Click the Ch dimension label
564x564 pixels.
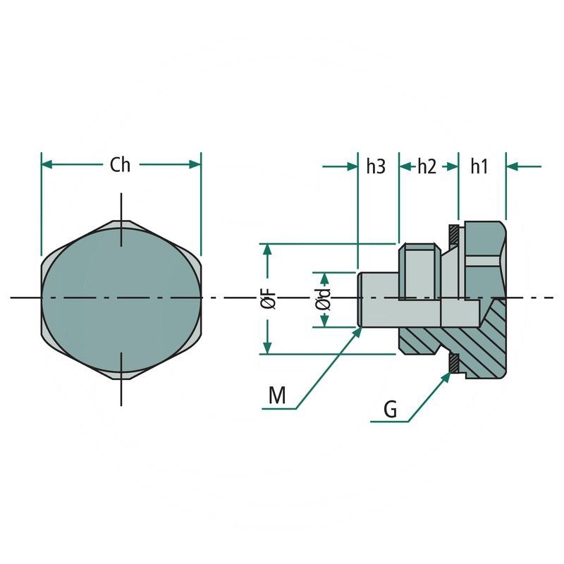[121, 165]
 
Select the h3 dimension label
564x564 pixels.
[376, 166]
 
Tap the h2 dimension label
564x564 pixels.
[427, 166]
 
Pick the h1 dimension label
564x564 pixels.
[479, 166]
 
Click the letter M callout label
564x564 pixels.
[277, 396]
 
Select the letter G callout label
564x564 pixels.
[390, 410]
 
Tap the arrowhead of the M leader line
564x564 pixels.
[357, 332]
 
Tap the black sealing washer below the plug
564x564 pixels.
[455, 362]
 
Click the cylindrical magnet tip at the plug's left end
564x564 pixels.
[377, 300]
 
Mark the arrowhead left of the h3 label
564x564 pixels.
[352, 166]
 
